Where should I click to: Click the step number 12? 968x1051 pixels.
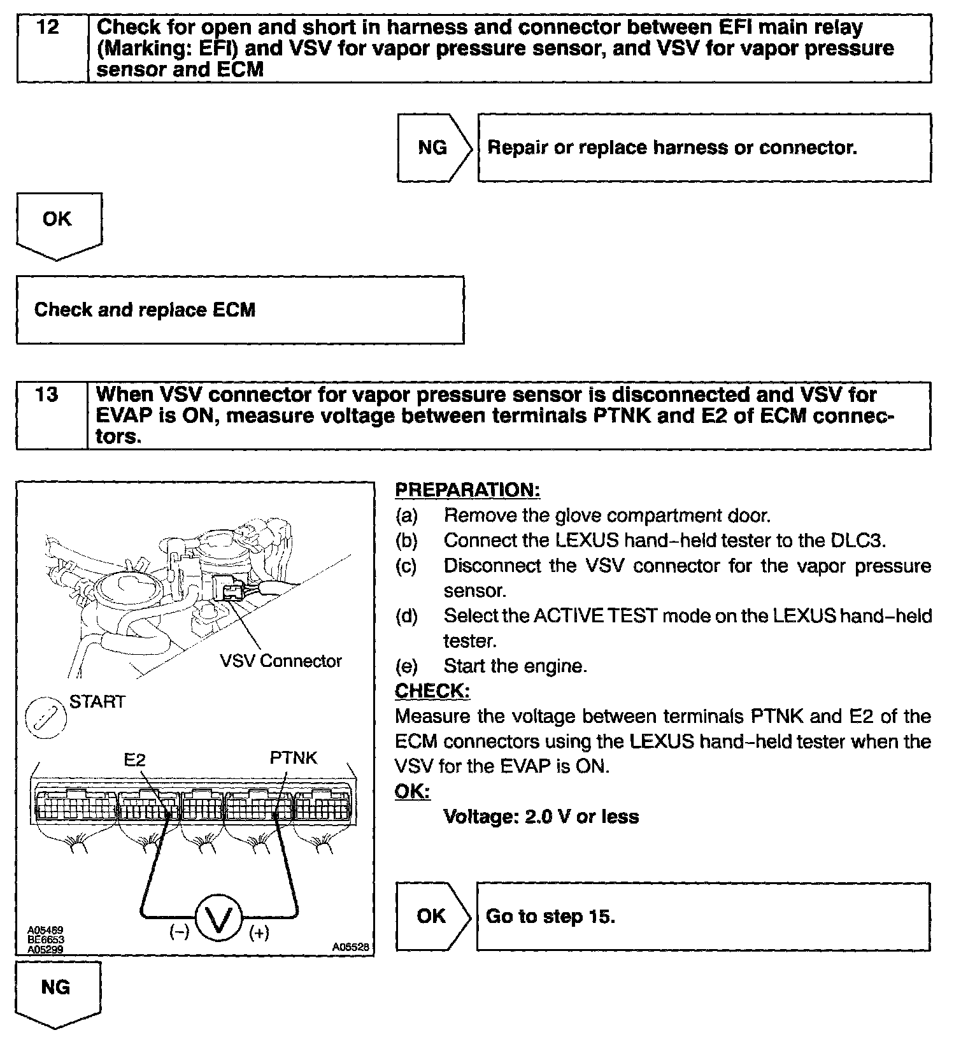48,28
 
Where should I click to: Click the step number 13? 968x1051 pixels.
47,395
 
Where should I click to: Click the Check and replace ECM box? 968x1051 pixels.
239,310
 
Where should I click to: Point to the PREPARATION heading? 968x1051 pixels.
467,490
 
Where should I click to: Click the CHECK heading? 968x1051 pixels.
432,691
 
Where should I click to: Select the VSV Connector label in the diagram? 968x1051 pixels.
281,661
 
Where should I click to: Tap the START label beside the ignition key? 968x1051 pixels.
97,702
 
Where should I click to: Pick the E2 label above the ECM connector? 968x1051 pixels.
134,759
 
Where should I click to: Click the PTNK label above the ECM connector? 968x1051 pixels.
293,757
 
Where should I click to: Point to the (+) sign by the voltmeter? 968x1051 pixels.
259,933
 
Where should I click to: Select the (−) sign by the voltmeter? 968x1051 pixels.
179,933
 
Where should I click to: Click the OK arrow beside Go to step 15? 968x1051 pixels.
432,917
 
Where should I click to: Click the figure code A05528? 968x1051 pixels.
351,947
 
